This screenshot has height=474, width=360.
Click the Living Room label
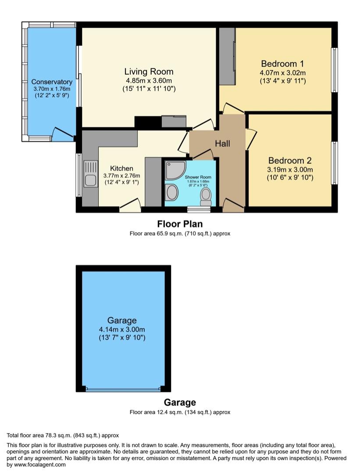pos(149,72)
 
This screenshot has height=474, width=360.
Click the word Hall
pos(222,144)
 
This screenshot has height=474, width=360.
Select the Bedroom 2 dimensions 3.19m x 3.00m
pos(290,169)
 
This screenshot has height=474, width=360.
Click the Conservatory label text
pos(52,82)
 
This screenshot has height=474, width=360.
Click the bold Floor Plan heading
pos(180,224)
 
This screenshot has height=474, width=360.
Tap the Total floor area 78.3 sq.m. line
pos(63,435)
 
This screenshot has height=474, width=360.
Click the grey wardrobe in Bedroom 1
pos(227,56)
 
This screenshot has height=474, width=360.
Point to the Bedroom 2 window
pos(334,163)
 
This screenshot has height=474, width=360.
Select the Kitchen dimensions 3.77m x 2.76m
pos(121,176)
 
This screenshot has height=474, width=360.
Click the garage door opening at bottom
pos(123,389)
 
